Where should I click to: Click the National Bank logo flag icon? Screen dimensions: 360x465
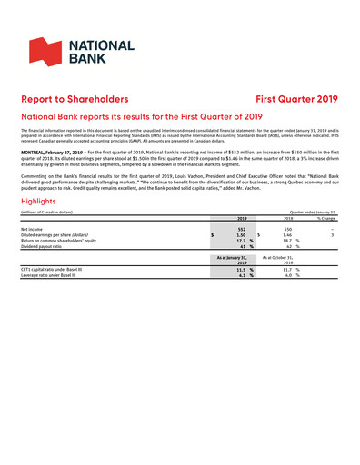tap(46, 53)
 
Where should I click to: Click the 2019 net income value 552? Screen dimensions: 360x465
tap(243, 229)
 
